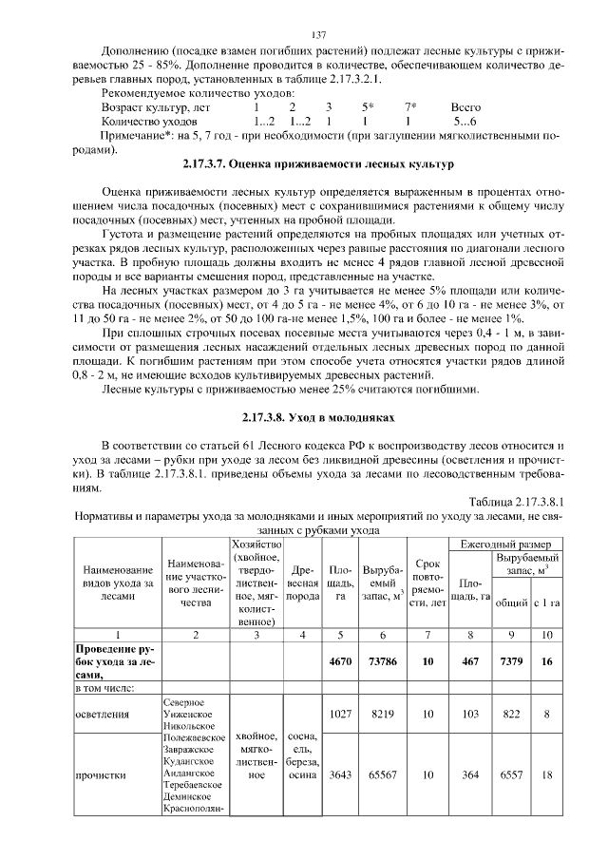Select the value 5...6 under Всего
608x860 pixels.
tap(465, 123)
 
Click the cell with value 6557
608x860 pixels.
tap(511, 774)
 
